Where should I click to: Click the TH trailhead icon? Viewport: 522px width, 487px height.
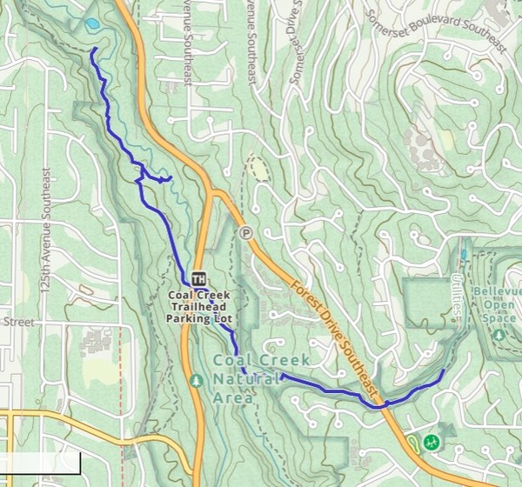click(x=198, y=279)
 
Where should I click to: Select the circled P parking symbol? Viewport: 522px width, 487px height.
click(x=246, y=232)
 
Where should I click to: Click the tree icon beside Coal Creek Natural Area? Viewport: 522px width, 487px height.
click(x=197, y=380)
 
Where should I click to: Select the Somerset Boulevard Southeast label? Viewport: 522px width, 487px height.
click(x=435, y=32)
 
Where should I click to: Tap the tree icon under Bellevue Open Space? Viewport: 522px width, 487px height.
click(x=499, y=335)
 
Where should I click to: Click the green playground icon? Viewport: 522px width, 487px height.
click(x=429, y=443)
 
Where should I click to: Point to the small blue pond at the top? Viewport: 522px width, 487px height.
click(x=91, y=24)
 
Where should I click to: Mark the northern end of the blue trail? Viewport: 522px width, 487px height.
click(x=92, y=50)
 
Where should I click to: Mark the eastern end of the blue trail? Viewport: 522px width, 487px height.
click(x=443, y=371)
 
